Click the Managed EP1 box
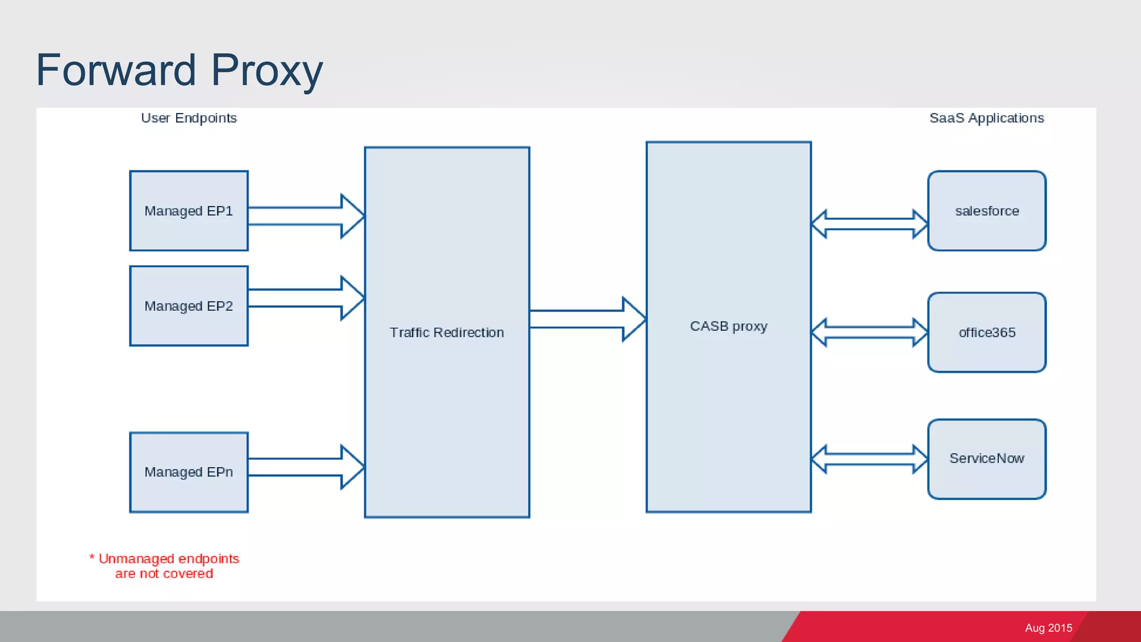[x=188, y=211]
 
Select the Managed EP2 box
[x=188, y=306]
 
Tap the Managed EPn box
[x=188, y=472]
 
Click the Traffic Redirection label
[x=447, y=333]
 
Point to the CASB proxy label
[x=728, y=326]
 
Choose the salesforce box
[x=986, y=211]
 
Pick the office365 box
[x=986, y=332]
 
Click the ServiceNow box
[x=986, y=459]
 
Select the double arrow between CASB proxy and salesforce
[x=869, y=224]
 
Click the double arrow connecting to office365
[x=869, y=332]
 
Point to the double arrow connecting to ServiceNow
[x=869, y=459]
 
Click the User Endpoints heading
[x=189, y=118]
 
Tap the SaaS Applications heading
[x=986, y=118]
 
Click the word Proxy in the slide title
[x=267, y=71]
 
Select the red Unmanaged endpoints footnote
[x=165, y=566]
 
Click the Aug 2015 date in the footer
[x=1048, y=628]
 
